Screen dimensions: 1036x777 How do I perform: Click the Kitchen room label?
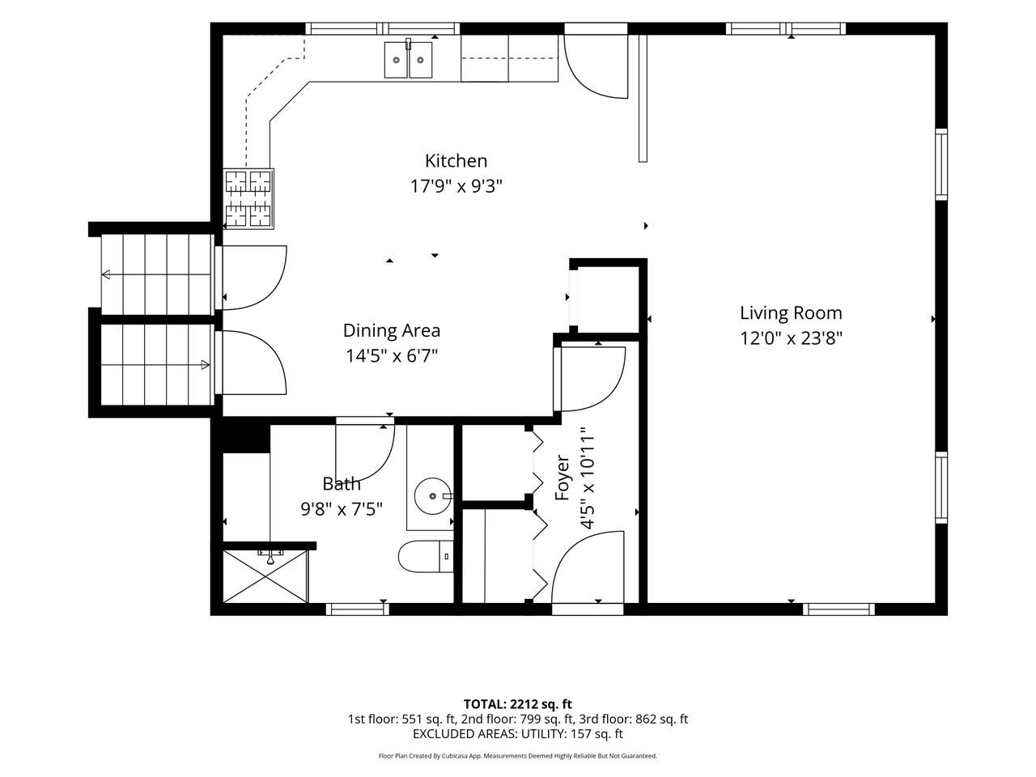pos(456,161)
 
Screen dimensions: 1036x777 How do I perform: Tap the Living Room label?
pos(791,312)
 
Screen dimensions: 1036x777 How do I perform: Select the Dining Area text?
pos(391,330)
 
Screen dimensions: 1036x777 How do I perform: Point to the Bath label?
pos(342,483)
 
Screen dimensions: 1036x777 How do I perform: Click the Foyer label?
pos(562,478)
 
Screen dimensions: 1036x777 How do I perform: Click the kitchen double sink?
pos(408,59)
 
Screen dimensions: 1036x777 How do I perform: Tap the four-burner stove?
pos(248,198)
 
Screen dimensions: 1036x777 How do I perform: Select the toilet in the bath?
pos(426,556)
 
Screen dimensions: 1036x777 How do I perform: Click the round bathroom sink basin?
pos(432,496)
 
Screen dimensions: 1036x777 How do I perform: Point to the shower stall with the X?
pos(265,576)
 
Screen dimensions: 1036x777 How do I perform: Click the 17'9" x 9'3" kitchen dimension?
pos(456,186)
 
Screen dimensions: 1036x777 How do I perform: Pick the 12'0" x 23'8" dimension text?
pos(791,338)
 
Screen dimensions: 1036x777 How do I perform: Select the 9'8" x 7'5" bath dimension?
pos(342,509)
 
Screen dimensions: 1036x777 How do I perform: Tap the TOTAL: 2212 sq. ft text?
pos(517,704)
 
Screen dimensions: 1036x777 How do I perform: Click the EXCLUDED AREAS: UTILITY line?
pos(517,734)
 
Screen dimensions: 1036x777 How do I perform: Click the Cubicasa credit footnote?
pos(517,756)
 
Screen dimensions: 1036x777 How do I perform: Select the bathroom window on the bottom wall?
pos(357,609)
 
